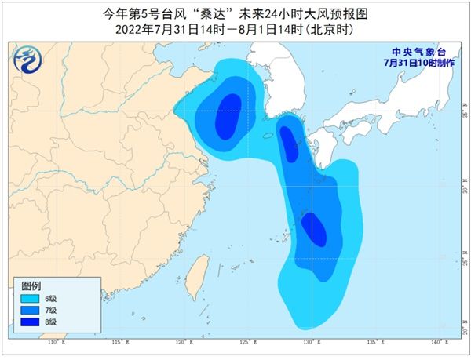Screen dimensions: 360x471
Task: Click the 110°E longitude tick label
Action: tap(53, 344)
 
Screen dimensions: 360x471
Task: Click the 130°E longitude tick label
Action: tap(309, 344)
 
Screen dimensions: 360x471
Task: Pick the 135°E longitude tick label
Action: tap(374, 344)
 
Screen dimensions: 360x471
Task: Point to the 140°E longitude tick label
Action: tap(438, 344)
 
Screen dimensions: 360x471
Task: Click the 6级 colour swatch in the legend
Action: tap(31, 298)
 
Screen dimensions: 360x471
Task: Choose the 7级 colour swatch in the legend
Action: tap(31, 310)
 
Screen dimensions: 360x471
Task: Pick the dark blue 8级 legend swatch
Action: tap(31, 322)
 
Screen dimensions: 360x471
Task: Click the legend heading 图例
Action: tap(31, 284)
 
